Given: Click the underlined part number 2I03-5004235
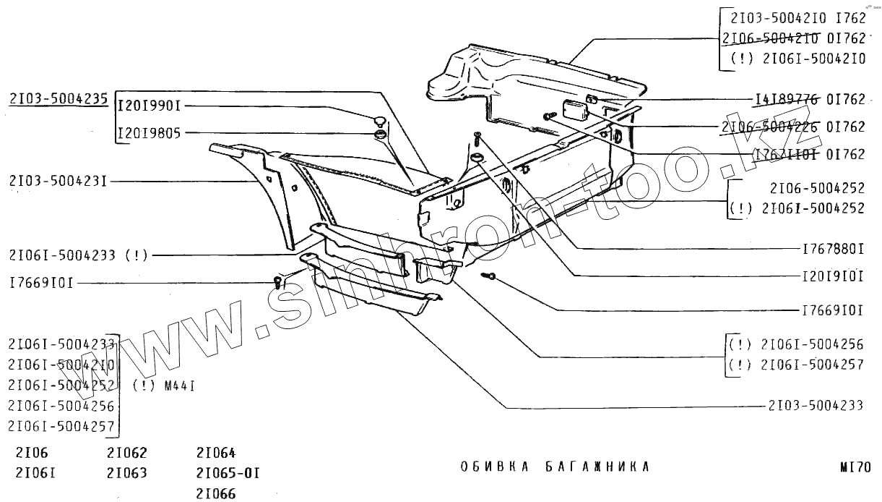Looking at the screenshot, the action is [59, 99].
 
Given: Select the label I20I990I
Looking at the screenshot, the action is [150, 106].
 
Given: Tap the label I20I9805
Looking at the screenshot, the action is [150, 133].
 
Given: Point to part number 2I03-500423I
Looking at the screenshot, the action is [59, 181].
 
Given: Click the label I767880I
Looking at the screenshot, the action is [833, 249].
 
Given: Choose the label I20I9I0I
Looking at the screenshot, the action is [833, 276].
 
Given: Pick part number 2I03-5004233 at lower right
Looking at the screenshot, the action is [816, 406].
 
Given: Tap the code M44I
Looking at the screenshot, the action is [181, 386].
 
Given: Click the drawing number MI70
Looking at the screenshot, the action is [855, 467].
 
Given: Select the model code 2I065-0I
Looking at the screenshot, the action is [228, 474].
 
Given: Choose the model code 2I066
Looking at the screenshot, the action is [216, 494].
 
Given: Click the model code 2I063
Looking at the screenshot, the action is [126, 474].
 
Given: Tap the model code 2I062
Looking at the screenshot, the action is [126, 454].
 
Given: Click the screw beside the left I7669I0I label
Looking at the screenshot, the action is [277, 282].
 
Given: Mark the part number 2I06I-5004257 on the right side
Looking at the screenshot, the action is [813, 365].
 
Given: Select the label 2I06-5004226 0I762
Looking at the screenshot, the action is [792, 127].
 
